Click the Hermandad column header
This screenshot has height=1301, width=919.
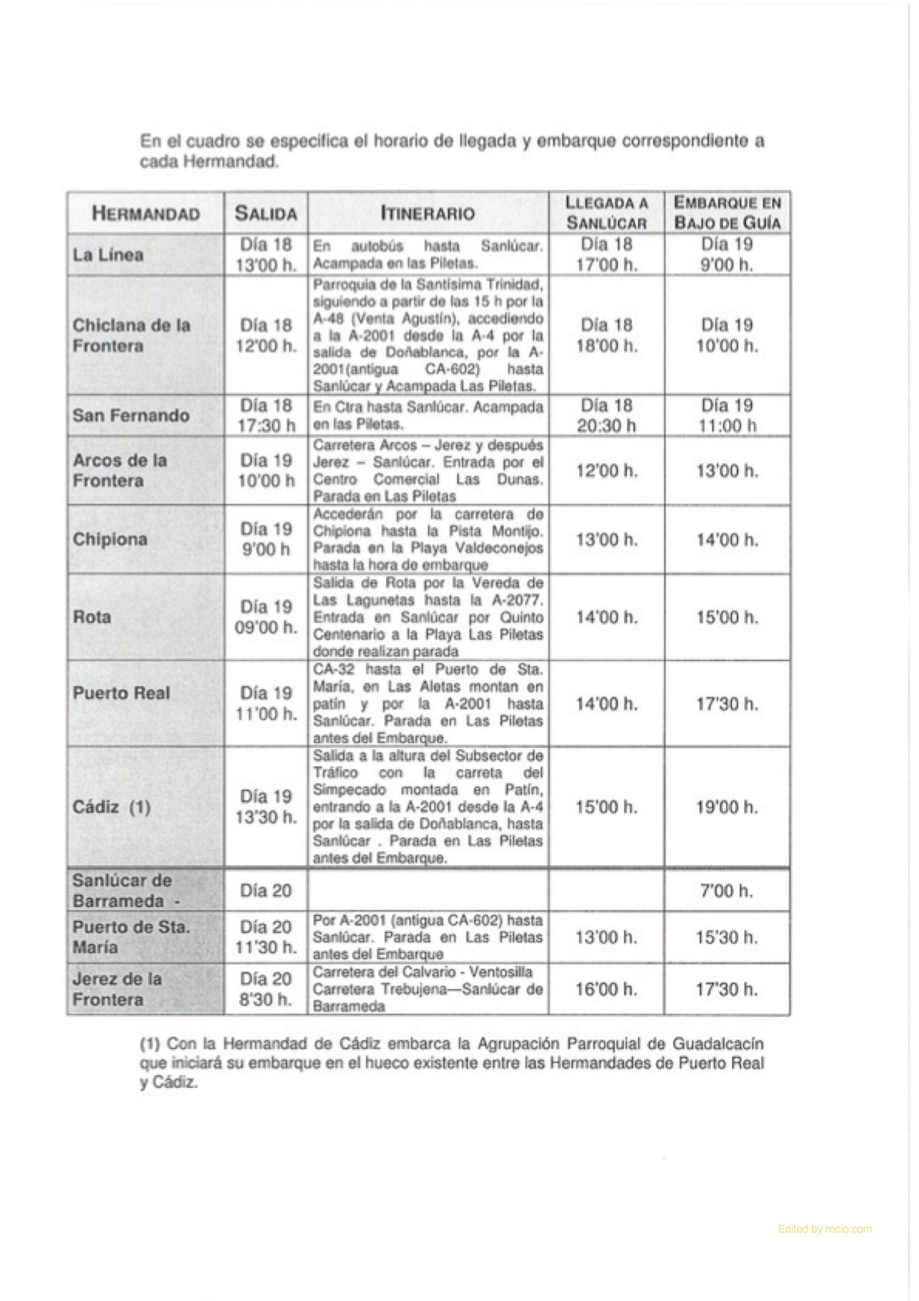146,213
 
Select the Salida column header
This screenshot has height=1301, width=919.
266,214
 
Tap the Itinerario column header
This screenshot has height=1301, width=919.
427,213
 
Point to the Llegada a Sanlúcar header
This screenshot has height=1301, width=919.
607,213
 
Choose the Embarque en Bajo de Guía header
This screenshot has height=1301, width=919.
727,213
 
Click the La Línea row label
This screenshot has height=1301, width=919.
108,254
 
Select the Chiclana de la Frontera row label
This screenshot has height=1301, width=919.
131,336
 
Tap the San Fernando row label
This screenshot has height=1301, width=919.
130,415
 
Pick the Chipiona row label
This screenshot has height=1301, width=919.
110,539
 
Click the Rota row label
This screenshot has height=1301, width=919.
92,617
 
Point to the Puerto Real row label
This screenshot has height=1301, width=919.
121,693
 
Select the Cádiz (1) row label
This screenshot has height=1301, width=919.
112,807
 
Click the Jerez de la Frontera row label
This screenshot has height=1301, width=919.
117,989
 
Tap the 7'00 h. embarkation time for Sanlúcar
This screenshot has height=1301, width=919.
727,891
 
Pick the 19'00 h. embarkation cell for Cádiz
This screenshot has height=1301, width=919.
727,807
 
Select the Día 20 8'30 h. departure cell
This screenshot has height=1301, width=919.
266,989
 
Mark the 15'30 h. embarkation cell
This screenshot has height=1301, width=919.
727,937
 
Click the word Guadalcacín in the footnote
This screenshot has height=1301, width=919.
718,1044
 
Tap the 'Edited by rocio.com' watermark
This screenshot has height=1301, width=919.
824,1229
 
